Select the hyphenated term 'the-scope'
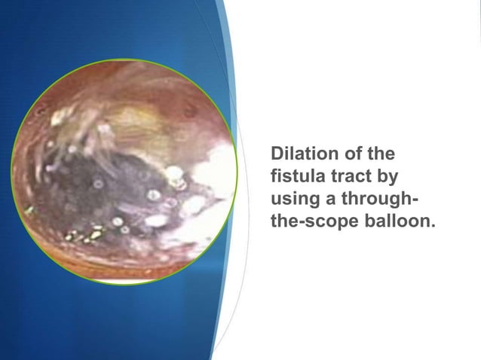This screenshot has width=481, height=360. (x=310, y=224)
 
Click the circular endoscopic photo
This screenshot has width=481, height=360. (x=124, y=171)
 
